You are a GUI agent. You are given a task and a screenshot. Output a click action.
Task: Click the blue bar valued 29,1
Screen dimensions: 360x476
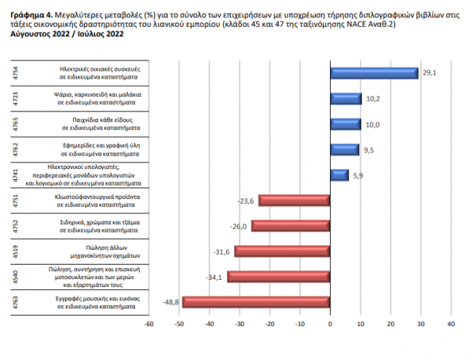point(374,73)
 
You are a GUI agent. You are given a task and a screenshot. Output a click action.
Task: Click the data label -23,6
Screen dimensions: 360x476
point(246,201)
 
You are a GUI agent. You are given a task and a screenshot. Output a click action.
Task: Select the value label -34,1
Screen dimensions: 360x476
point(216,277)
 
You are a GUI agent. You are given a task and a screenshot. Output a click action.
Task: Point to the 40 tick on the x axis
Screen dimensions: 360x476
point(451,324)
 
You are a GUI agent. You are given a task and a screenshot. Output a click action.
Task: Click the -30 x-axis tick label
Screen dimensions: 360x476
point(239,324)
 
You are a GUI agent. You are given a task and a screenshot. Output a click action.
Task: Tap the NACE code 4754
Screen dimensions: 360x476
point(17,74)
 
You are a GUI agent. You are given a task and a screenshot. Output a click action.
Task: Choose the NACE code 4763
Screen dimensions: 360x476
point(17,302)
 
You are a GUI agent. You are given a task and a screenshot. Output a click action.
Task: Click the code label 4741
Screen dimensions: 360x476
point(17,175)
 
